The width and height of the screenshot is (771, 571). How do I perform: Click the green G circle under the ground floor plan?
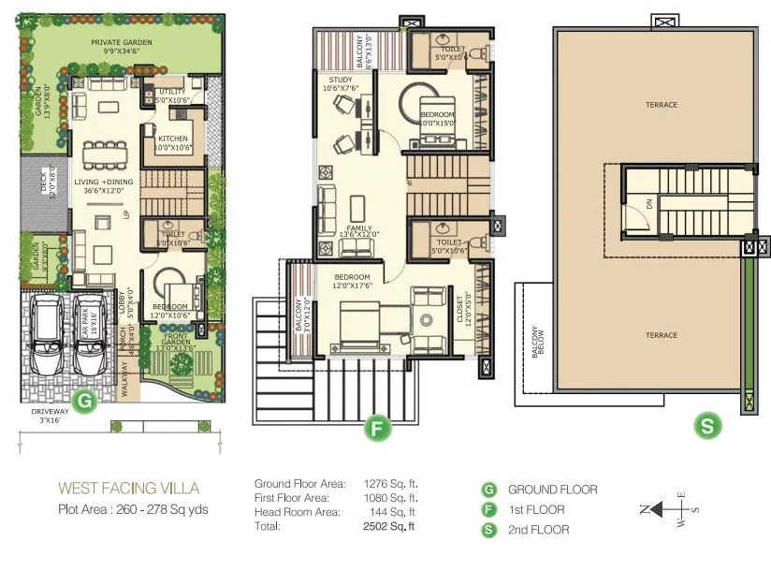[x=86, y=402]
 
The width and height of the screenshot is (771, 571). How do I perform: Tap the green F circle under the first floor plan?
[x=376, y=430]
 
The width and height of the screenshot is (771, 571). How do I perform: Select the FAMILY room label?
[x=359, y=228]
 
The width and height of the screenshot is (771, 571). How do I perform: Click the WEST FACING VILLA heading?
[x=128, y=488]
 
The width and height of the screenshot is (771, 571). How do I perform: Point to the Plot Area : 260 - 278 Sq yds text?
[x=133, y=510]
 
